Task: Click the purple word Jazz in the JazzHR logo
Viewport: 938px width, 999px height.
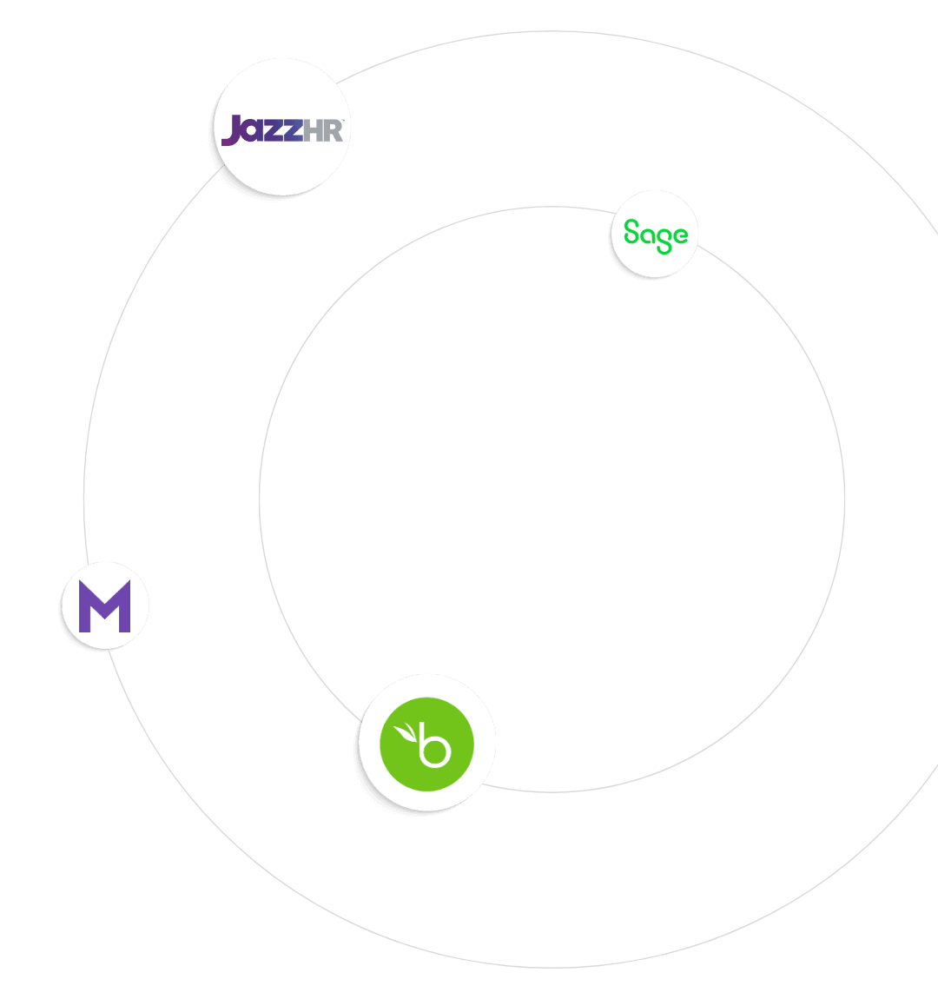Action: [261, 130]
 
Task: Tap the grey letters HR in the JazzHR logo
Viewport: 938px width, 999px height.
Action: [323, 130]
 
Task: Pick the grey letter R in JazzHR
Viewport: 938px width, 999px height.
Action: [334, 130]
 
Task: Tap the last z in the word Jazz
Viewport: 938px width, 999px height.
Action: [293, 132]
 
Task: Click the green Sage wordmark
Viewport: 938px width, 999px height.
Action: [655, 235]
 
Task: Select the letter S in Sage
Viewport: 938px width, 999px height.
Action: [631, 232]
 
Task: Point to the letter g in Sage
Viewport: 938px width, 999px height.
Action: [664, 239]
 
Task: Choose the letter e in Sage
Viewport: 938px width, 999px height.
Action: [679, 235]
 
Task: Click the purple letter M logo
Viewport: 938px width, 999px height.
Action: [105, 605]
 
